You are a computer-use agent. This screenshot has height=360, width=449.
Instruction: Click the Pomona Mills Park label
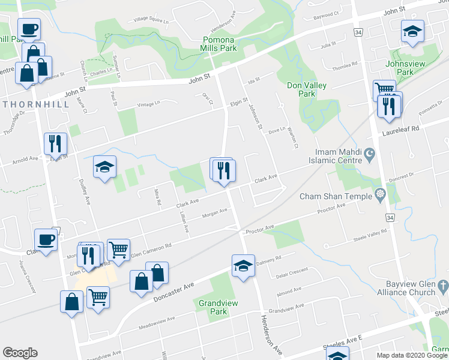tap(219, 44)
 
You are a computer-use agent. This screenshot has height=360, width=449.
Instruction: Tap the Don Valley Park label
tap(307, 89)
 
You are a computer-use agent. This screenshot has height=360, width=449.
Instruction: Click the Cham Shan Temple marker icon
tap(379, 194)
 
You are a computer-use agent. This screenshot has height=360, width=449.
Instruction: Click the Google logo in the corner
tap(20, 353)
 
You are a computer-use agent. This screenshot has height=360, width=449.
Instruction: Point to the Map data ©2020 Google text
tap(412, 355)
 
